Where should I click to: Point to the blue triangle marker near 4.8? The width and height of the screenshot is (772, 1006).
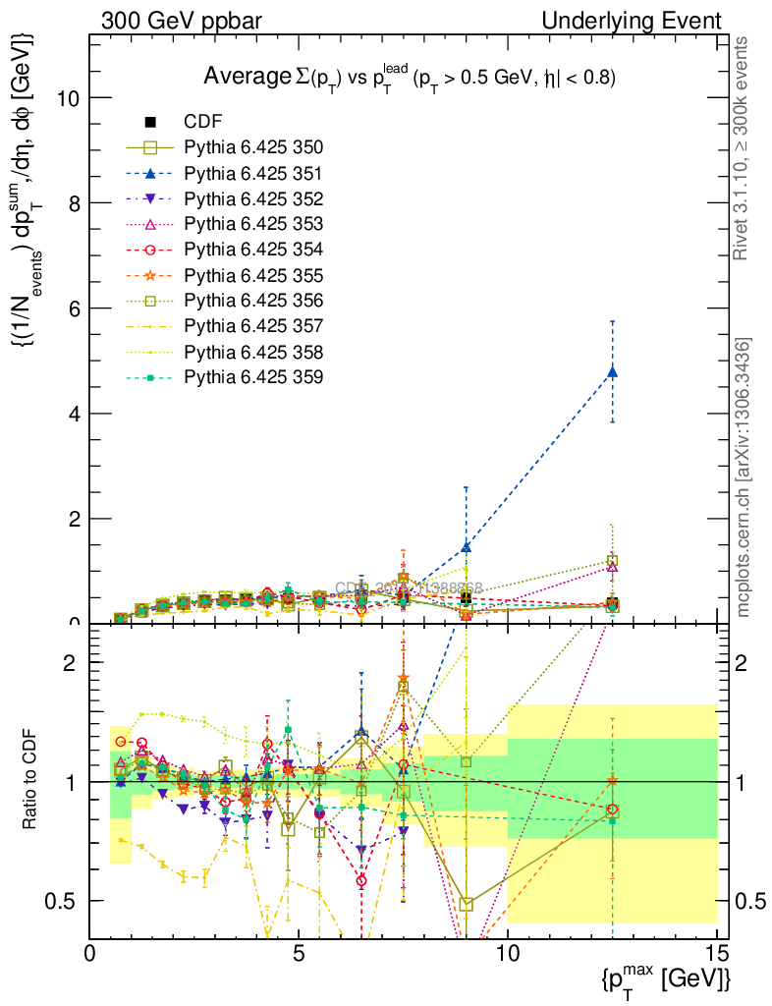click(x=612, y=371)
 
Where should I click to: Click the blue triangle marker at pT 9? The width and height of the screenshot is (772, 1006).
click(x=466, y=546)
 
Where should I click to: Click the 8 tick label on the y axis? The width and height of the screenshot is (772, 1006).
click(x=75, y=203)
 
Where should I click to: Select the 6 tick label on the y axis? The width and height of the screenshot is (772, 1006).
click(x=75, y=308)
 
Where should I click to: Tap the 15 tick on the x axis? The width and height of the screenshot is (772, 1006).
click(x=717, y=953)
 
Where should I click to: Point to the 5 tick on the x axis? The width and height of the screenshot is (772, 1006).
click(x=299, y=953)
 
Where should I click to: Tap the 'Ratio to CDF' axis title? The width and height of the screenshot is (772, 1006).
click(x=30, y=782)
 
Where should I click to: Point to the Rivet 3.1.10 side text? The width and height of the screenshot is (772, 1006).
click(x=743, y=147)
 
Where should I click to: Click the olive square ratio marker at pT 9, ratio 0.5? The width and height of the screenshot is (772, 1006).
click(x=467, y=904)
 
